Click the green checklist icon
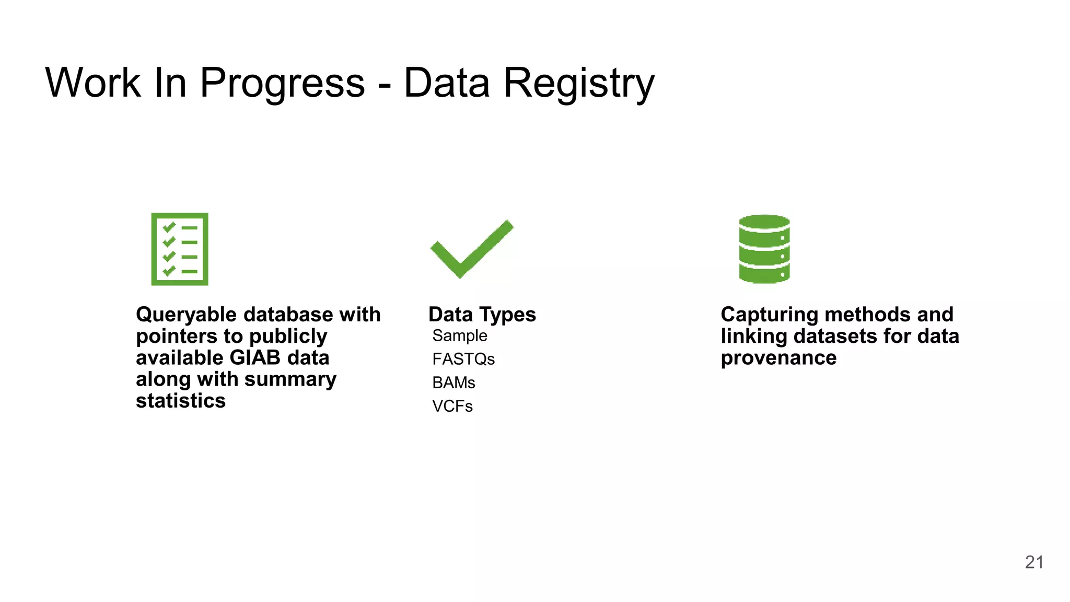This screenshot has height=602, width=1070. coord(180,249)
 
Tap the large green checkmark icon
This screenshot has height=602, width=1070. coord(471,249)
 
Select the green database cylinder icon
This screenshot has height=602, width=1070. coord(764,249)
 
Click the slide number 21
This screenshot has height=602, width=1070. coord(1034,562)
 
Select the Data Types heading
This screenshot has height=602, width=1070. coord(482,315)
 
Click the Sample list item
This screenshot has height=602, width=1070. coord(460,335)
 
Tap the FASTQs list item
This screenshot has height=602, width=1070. coord(463,359)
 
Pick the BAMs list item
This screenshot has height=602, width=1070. coord(453,383)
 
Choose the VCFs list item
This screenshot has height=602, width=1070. coord(452,406)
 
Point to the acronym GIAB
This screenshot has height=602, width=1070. coord(255,358)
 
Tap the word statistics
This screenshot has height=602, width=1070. coord(181,401)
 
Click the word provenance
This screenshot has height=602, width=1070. coord(778,358)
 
